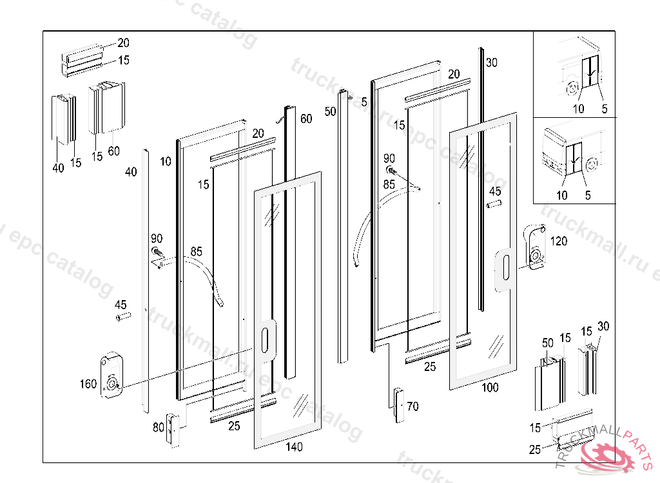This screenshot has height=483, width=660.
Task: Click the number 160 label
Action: pos(88,384)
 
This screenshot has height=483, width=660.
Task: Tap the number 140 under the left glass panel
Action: pos(293,447)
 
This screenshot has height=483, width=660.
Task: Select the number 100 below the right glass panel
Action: pos(490,388)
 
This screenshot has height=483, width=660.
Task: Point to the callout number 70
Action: pos(412,406)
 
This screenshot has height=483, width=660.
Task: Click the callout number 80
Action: pos(158,426)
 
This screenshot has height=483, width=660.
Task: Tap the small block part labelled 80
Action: pos(172,429)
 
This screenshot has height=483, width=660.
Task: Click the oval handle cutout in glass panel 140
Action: pos(265,337)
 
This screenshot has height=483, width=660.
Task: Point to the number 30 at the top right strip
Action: pos(492,63)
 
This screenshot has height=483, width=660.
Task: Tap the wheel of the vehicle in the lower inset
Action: pos(592,161)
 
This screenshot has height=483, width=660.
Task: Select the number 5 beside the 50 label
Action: pos(364,101)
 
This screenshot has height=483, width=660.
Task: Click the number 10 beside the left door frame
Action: pos(166,161)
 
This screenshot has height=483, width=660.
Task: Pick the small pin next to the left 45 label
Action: pos(123,316)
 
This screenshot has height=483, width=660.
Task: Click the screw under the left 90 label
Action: pos(156,252)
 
